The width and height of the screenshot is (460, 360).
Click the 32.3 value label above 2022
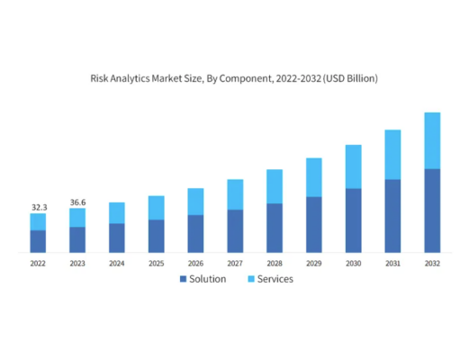point(38,207)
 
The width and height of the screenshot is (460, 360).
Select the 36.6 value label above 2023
point(77,202)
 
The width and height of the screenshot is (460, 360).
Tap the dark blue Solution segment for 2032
point(432,210)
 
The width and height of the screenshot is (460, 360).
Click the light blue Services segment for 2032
point(432,140)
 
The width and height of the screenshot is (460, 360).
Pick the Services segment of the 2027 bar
point(235,194)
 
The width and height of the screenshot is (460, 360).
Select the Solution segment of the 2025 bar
point(156,236)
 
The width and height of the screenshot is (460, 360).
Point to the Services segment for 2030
point(353,166)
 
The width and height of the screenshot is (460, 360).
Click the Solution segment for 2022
point(38,241)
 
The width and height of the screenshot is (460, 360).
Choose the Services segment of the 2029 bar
point(314,177)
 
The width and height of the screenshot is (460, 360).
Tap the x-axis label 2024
point(116,264)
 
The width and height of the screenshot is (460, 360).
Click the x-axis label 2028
point(275,264)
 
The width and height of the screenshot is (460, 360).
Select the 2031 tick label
point(392,264)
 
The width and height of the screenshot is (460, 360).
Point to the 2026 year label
point(195,264)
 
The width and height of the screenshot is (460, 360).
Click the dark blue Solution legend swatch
point(184,279)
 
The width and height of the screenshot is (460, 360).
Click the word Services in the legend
point(275,279)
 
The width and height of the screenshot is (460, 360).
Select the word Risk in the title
point(100,79)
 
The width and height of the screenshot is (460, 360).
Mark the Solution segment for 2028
point(275,228)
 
